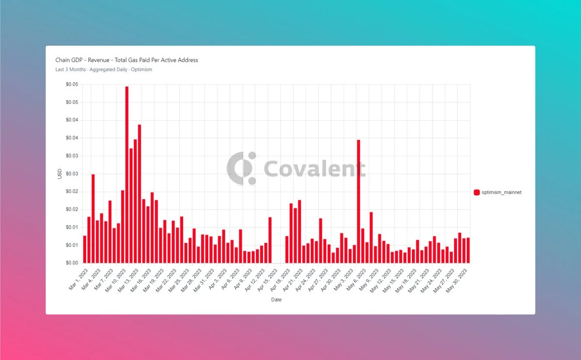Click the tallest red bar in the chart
tap(127, 174)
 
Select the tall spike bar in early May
tap(359, 201)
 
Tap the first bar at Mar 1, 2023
tap(85, 249)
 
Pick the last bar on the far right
tap(468, 250)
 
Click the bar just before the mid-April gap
tap(270, 240)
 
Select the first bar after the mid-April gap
tap(287, 249)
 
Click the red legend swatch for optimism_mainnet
tap(476, 193)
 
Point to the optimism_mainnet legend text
tap(501, 193)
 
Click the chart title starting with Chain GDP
tap(127, 60)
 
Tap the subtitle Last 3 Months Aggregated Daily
tap(104, 70)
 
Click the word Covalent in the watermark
tap(315, 168)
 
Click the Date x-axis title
tap(276, 300)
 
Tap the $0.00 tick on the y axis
tap(72, 263)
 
